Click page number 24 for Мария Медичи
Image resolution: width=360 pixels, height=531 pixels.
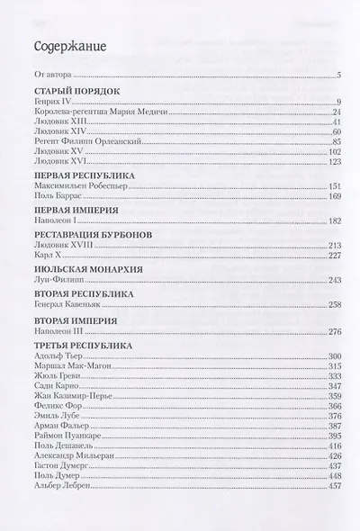tap(333, 112)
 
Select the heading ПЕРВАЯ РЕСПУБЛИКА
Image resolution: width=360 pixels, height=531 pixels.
tap(84, 178)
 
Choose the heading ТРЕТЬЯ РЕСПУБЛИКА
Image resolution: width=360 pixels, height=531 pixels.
tap(83, 346)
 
